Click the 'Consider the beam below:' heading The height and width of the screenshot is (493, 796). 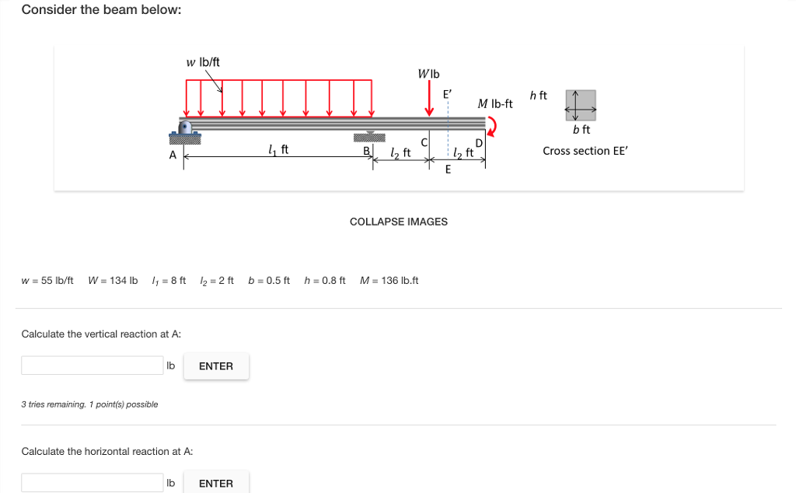tap(101, 10)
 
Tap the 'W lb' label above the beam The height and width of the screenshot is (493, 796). tap(428, 75)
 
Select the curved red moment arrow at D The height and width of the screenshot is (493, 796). tap(491, 124)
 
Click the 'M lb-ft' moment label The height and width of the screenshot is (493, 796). tap(495, 103)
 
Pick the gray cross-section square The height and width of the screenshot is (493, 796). tap(585, 100)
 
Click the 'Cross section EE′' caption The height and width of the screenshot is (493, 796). tap(585, 151)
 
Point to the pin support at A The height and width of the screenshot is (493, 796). tap(185, 130)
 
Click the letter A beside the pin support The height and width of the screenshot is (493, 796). tap(173, 156)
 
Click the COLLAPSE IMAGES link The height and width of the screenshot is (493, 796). tap(399, 222)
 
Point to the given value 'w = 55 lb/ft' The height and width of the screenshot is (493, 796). tap(47, 280)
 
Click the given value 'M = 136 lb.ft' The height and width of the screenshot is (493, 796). tap(389, 280)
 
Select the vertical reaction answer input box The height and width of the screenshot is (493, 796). tap(92, 365)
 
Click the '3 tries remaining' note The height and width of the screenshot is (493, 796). tap(89, 404)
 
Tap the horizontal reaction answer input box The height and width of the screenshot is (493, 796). tap(92, 483)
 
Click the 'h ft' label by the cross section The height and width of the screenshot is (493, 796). tap(538, 96)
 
